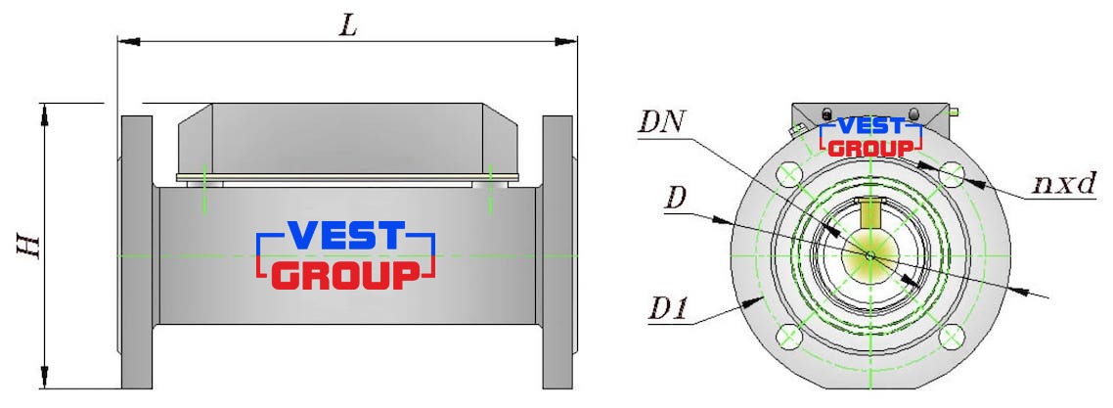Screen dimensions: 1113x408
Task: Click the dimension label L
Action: click(x=348, y=26)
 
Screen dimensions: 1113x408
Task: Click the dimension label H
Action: click(x=29, y=247)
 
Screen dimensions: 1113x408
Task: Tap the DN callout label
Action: click(x=661, y=122)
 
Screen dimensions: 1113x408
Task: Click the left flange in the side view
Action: click(x=137, y=251)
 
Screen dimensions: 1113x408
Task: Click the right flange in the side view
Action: click(x=557, y=251)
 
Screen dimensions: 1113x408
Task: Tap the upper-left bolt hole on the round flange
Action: click(x=789, y=173)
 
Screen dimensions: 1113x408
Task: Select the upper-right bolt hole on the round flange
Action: click(x=952, y=174)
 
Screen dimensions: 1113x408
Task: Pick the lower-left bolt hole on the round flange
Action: click(x=789, y=337)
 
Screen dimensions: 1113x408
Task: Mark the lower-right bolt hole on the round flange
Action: click(x=952, y=337)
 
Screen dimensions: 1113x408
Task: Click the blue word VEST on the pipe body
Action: click(x=345, y=235)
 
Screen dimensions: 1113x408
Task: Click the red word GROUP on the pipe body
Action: click(x=345, y=275)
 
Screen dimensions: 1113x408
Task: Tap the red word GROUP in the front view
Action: click(x=871, y=148)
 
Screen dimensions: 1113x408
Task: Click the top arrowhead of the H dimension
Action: click(x=45, y=114)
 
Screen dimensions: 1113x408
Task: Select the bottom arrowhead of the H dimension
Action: click(x=45, y=378)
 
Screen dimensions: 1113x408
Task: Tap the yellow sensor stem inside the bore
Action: click(x=870, y=214)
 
